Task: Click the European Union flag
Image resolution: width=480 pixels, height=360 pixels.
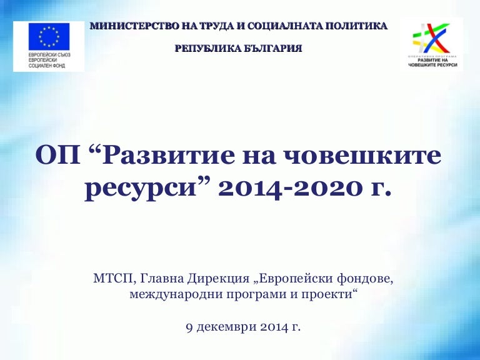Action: (49, 36)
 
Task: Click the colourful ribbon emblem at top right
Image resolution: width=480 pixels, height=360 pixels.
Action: (432, 39)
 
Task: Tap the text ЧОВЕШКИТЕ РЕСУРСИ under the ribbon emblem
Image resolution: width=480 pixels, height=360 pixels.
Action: (433, 65)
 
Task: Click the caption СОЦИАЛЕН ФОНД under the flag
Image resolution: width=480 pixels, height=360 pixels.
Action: (46, 66)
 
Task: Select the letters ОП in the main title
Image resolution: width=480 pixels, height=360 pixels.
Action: (58, 156)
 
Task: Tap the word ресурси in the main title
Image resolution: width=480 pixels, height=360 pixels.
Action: (141, 189)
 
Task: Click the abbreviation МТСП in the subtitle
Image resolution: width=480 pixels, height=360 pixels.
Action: (113, 279)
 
